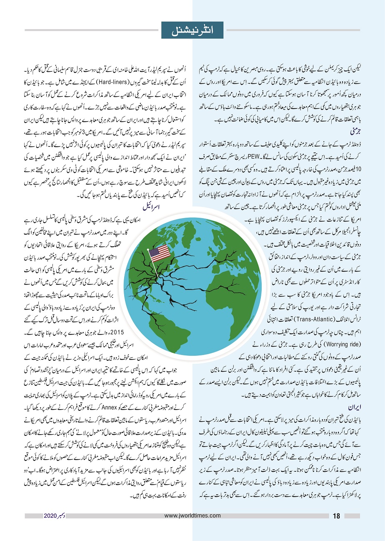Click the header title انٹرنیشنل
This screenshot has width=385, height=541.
[x=192, y=30]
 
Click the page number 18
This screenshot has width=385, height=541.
[x=337, y=516]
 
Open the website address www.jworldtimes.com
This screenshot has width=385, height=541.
[x=192, y=516]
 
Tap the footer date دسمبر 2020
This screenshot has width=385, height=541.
[x=54, y=516]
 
